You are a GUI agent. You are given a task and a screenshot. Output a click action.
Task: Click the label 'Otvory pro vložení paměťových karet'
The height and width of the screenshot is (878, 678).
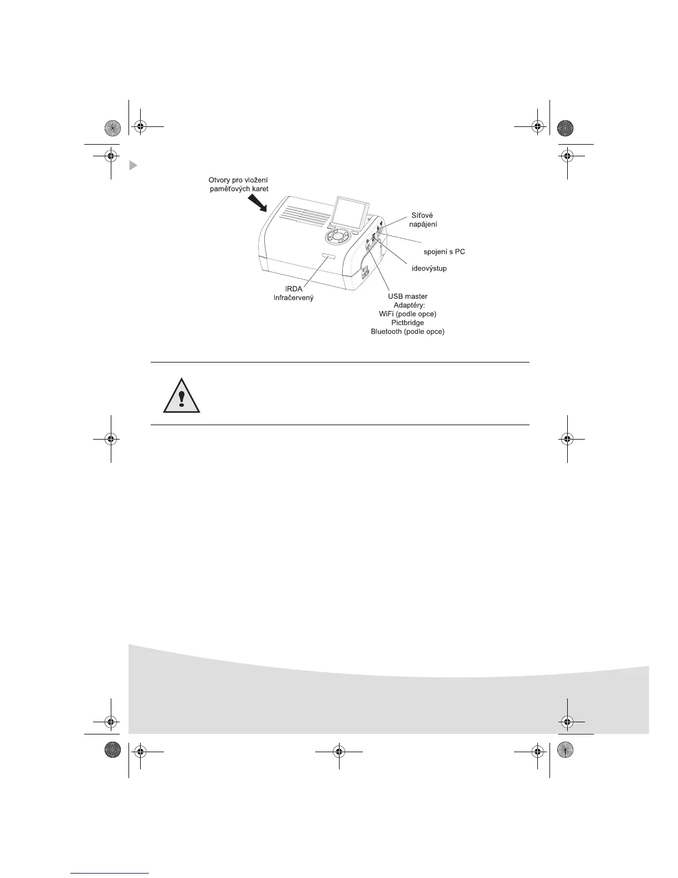(238, 185)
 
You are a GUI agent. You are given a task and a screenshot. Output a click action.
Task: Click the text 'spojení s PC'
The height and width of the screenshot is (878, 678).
(444, 252)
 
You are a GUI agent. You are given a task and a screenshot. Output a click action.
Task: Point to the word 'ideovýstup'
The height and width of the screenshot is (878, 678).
(429, 268)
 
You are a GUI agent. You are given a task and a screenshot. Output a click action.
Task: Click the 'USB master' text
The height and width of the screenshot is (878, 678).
(408, 296)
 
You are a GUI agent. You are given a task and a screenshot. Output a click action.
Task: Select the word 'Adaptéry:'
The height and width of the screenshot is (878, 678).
(408, 305)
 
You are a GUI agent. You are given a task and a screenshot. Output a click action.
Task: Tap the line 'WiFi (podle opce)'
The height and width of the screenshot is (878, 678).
(408, 314)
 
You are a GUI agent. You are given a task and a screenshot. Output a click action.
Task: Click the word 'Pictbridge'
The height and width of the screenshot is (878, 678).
(408, 323)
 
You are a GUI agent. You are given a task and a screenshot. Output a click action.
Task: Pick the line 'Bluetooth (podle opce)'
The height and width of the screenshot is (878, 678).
(408, 331)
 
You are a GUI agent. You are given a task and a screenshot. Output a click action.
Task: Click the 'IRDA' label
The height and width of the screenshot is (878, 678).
(294, 289)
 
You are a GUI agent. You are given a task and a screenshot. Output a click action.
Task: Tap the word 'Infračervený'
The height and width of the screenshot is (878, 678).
(294, 298)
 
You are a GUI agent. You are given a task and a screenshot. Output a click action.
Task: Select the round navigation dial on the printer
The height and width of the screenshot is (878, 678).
(338, 237)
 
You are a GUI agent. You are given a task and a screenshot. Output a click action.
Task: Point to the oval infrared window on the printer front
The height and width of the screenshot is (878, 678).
(327, 256)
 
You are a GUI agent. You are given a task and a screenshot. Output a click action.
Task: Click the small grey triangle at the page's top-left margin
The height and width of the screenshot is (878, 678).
(133, 165)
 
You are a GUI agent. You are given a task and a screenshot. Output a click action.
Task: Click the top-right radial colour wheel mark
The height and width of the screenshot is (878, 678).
(566, 128)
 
